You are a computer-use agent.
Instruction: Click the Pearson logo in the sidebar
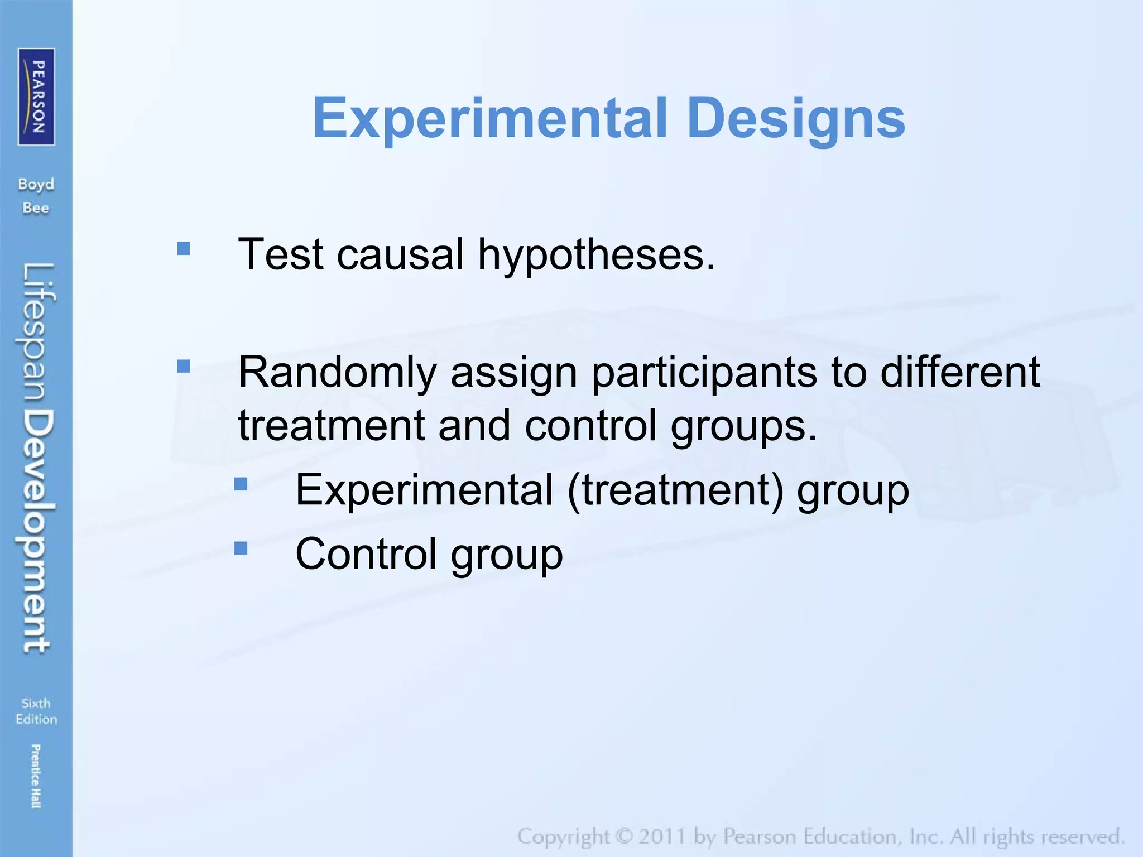pos(36,97)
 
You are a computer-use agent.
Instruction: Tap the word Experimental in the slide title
pos(490,118)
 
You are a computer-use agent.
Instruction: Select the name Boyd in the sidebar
pos(36,184)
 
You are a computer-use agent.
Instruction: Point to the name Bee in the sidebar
pos(36,208)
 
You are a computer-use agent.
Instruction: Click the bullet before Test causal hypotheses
pos(184,248)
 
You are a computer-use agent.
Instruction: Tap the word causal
pos(400,254)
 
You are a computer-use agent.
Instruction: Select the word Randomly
pos(337,373)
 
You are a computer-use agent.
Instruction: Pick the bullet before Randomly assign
pos(184,366)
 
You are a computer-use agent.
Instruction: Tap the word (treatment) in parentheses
pos(675,490)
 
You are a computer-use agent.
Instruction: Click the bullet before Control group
pos(241,548)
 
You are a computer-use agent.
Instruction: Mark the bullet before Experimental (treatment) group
pos(241,484)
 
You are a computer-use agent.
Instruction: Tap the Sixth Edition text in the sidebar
pos(36,711)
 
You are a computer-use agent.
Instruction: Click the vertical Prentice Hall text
pos(36,776)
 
